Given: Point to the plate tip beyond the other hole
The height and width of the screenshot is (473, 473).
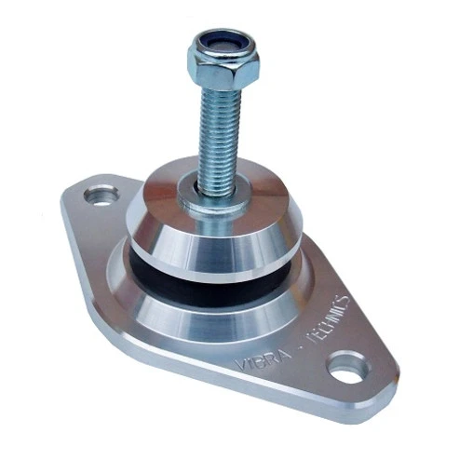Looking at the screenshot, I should point(74,191).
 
